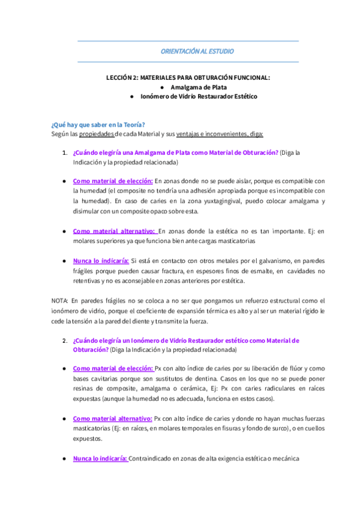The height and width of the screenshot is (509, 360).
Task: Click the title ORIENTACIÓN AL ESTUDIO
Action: pyautogui.click(x=197, y=52)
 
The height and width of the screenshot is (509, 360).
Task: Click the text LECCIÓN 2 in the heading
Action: pyautogui.click(x=120, y=77)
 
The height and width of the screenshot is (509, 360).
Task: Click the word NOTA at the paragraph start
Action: pyautogui.click(x=60, y=300)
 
